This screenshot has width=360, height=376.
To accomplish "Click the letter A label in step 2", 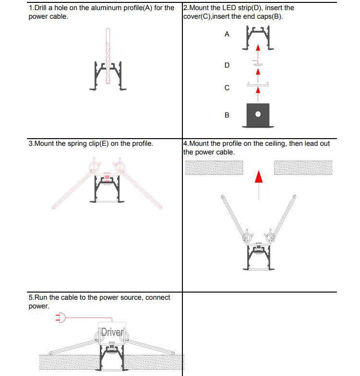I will [227, 35].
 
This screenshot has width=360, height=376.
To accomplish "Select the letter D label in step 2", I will [227, 65].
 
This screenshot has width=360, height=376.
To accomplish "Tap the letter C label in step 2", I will [227, 88].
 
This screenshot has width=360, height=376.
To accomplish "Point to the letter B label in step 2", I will [227, 115].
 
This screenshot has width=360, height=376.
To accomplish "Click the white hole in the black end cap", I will [258, 114].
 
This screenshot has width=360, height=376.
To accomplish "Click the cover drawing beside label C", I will [258, 85].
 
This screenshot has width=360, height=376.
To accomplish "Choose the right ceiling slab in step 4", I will [303, 167].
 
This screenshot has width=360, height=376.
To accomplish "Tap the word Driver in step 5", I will [111, 332].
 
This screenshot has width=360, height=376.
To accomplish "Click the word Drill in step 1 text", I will [43, 8].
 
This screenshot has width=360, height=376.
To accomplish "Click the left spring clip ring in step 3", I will [94, 167].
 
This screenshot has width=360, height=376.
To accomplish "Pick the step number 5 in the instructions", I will [31, 298].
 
